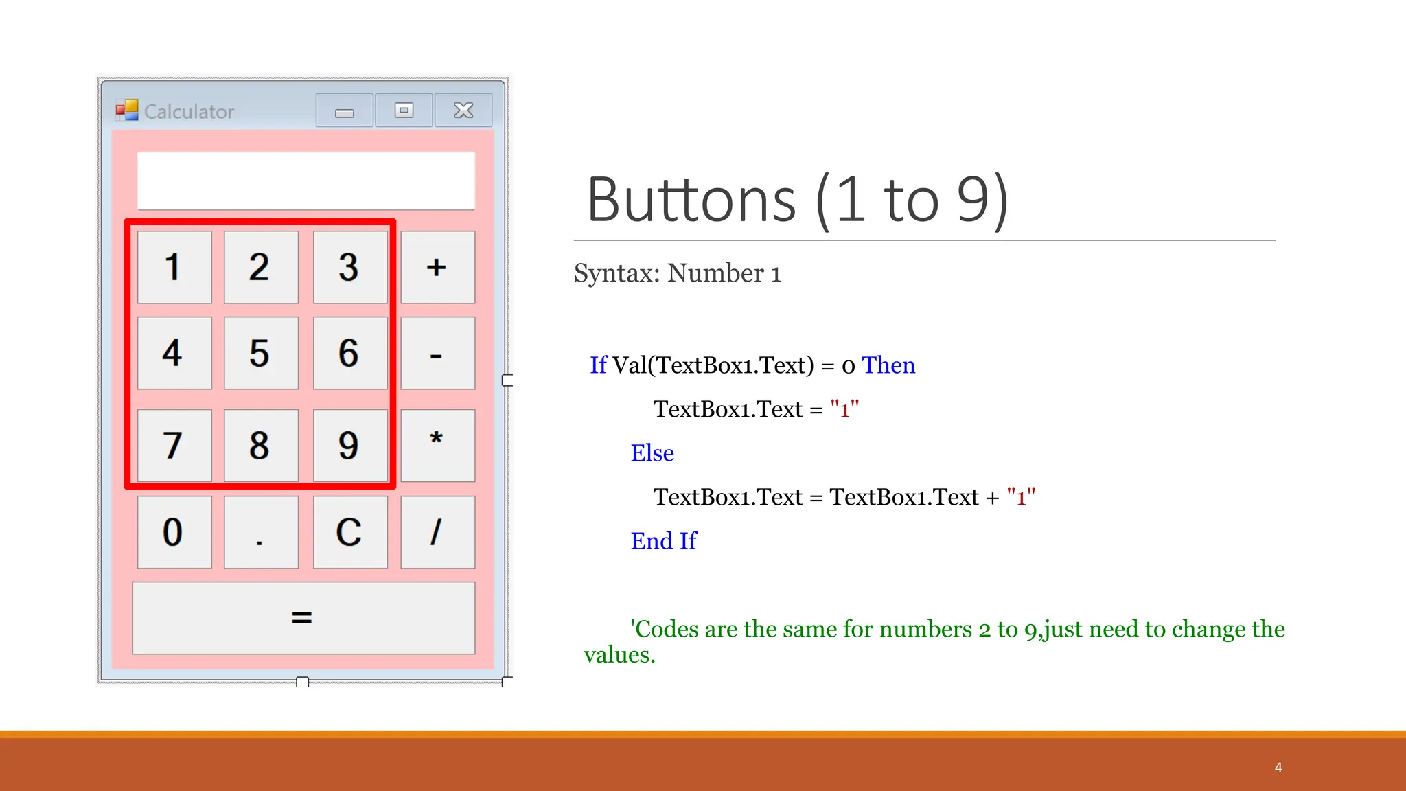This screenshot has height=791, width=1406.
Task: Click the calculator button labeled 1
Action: click(x=174, y=267)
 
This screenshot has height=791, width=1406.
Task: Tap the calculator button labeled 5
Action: click(x=261, y=353)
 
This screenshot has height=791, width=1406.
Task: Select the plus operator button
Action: click(x=437, y=267)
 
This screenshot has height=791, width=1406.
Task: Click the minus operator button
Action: click(x=437, y=353)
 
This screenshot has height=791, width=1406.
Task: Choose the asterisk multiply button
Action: click(x=437, y=445)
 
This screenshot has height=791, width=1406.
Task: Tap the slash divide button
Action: click(x=437, y=532)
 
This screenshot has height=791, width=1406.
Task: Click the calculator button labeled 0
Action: click(x=174, y=532)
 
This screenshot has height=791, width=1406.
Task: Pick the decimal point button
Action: click(x=261, y=532)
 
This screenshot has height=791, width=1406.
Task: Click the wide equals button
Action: click(x=303, y=618)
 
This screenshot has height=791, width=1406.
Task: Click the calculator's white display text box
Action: click(x=306, y=181)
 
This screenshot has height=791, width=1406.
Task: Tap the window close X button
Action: click(x=463, y=111)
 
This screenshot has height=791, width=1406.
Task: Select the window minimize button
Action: click(x=345, y=111)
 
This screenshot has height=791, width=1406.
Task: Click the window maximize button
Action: click(x=404, y=111)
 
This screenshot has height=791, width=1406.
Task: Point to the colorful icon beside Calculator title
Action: click(x=127, y=110)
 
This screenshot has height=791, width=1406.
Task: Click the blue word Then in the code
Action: click(x=888, y=365)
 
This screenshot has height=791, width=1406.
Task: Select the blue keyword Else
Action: click(x=652, y=453)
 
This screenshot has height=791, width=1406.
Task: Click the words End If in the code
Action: click(x=664, y=541)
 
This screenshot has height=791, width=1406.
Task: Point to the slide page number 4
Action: click(x=1278, y=768)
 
